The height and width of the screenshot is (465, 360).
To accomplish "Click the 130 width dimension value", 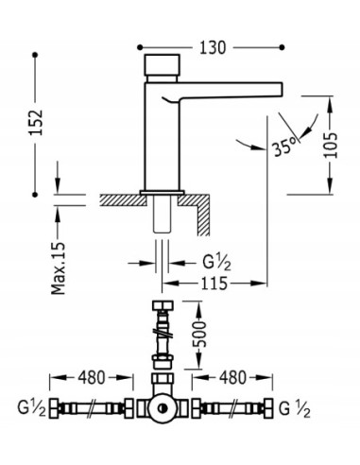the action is [213, 47].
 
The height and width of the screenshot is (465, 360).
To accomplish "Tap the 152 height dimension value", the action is [36, 122].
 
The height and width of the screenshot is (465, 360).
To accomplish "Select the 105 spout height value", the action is [331, 146].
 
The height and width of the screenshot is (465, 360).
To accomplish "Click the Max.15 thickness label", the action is [59, 268].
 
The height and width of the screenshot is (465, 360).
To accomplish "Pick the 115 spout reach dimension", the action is [214, 284].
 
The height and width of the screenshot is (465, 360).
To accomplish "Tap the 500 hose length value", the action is [199, 335].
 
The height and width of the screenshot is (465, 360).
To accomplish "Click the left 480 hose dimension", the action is [92, 377].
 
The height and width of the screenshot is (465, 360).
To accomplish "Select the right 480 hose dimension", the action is [232, 377].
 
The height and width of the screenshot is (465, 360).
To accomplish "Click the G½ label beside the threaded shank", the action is [216, 263].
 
